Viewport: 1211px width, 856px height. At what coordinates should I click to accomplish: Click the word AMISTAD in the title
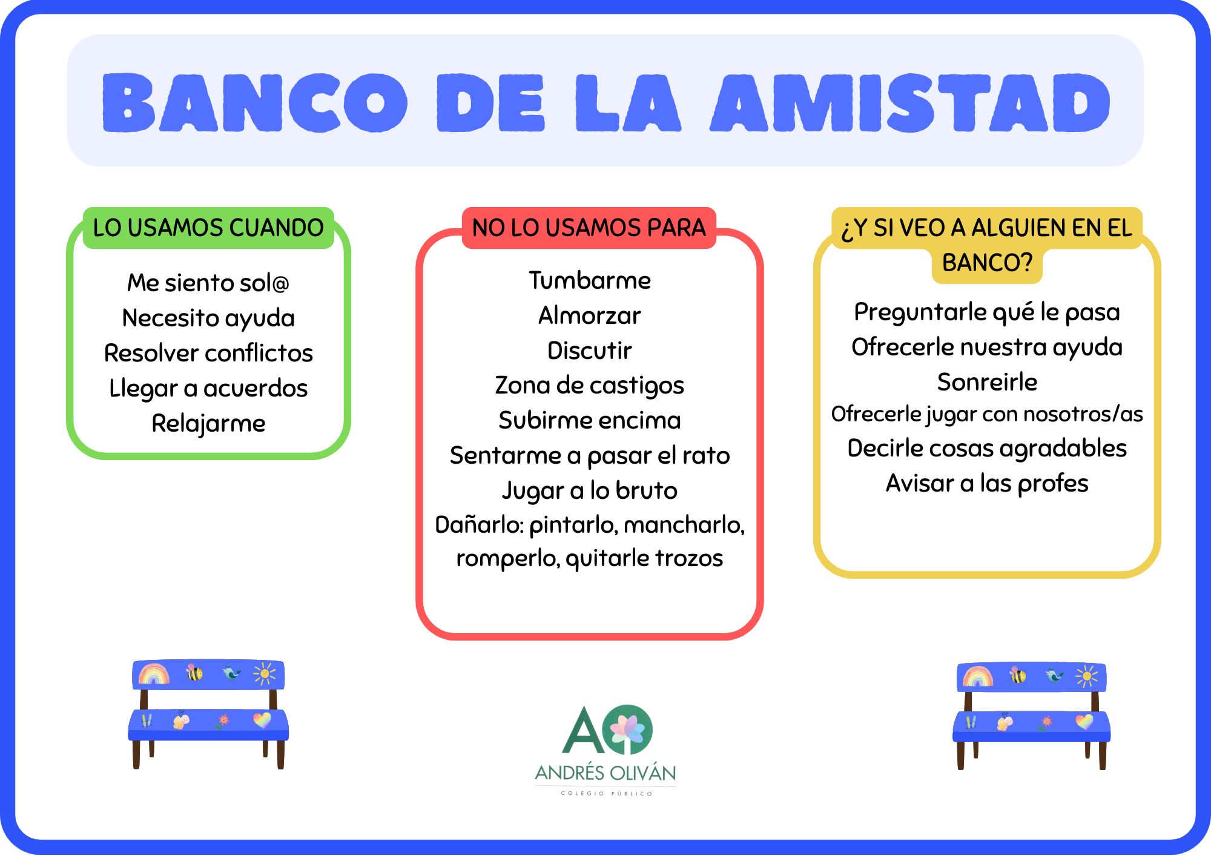point(910,102)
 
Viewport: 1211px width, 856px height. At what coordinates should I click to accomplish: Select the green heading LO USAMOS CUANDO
point(208,228)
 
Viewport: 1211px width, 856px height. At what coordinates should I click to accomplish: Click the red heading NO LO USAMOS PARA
point(589,228)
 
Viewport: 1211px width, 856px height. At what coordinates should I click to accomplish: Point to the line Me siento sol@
point(208,283)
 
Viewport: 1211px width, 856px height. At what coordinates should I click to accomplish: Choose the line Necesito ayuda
point(208,318)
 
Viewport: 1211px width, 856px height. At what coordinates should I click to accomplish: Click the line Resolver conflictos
point(208,353)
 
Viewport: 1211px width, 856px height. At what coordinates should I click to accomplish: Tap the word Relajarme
point(208,424)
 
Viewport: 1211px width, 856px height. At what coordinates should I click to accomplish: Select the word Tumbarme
point(590,280)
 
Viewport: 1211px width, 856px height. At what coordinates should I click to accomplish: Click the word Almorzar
point(590,315)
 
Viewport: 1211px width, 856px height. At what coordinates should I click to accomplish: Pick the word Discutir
point(590,351)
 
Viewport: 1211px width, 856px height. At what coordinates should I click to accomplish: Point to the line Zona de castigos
point(590,386)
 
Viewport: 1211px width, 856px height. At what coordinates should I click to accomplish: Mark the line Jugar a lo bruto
point(590,491)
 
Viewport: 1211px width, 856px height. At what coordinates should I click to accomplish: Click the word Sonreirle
point(987,382)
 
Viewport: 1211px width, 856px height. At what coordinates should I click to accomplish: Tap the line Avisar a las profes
point(987,483)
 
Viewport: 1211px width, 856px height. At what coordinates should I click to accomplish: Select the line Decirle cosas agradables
point(987,449)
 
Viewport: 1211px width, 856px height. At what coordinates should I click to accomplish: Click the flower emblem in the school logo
point(630,729)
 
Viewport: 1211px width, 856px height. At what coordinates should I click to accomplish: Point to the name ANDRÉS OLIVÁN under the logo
point(605,772)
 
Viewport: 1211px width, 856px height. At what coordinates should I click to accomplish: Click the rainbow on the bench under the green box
point(154,674)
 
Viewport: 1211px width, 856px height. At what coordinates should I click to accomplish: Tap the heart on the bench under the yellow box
point(1084,722)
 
